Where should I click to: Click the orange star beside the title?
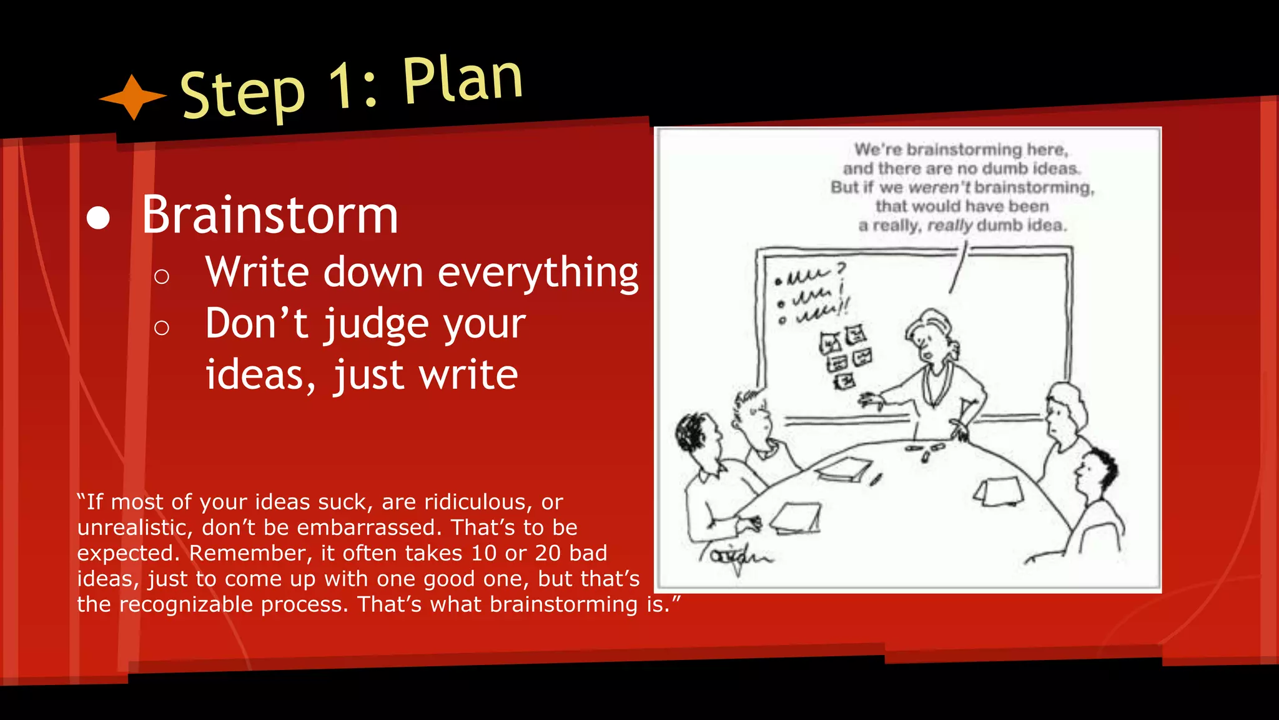coord(133,97)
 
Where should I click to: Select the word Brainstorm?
coord(270,215)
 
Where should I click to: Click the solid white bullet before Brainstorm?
coord(98,218)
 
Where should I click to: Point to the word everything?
coord(538,273)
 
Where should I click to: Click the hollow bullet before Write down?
coord(162,276)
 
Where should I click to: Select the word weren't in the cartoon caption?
coord(940,187)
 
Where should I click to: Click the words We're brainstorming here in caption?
coord(961,150)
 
